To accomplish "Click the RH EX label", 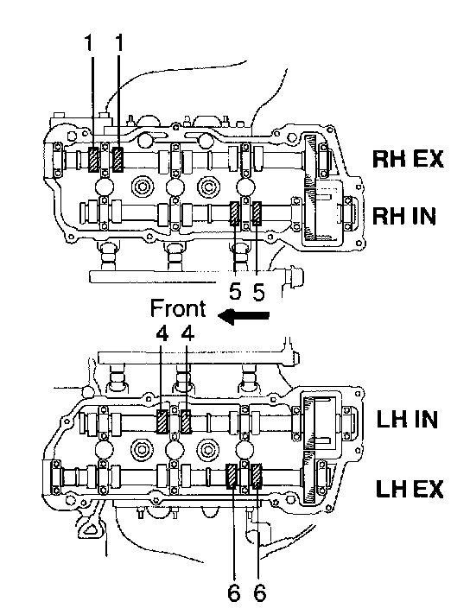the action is pos(408,159).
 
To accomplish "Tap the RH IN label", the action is pos(404,216).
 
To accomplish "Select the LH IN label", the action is pos(407,419).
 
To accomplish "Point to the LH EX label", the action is pos(410,489).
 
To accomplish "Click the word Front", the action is pos(178,308).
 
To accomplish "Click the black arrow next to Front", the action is pos(244,315).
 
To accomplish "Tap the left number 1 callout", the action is pos(89,42).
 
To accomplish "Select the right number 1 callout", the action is pos(119,42).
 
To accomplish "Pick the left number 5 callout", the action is pos(235,291).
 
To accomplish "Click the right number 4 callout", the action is pos(187,333).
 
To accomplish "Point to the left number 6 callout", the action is pos(233,592).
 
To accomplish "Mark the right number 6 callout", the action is pos(260,592).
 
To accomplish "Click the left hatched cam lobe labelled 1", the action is pos(93,160).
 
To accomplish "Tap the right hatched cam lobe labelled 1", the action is pos(117,159).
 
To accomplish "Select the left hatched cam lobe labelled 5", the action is pos(235,213).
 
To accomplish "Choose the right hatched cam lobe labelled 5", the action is pos(257,213).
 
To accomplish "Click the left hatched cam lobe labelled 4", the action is pos(162,421).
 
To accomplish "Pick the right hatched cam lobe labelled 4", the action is pos(187,421).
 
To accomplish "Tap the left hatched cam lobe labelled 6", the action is pos(232,476).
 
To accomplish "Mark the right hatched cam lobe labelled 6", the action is pos(257,476).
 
